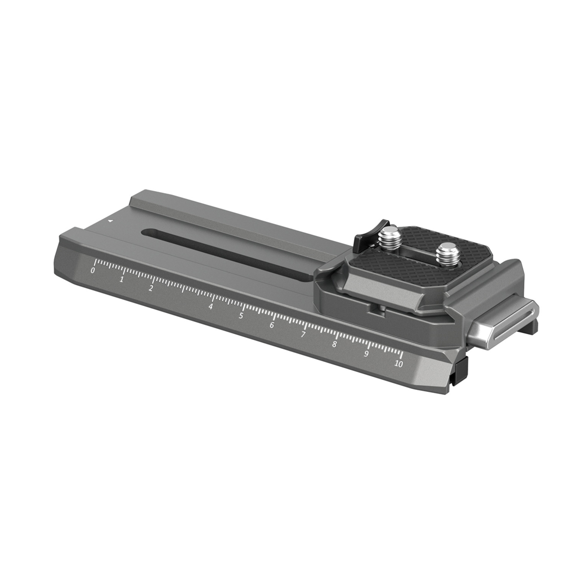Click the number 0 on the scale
click(x=93, y=271)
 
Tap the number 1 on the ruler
click(x=122, y=279)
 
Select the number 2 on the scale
click(x=151, y=289)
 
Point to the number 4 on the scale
click(x=211, y=307)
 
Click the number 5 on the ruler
click(x=241, y=316)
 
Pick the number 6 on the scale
click(x=272, y=325)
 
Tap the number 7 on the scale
click(x=303, y=335)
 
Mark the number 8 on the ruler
click(x=334, y=344)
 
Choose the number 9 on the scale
click(x=366, y=354)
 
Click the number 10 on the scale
click(x=399, y=364)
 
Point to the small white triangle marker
click(x=111, y=220)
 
